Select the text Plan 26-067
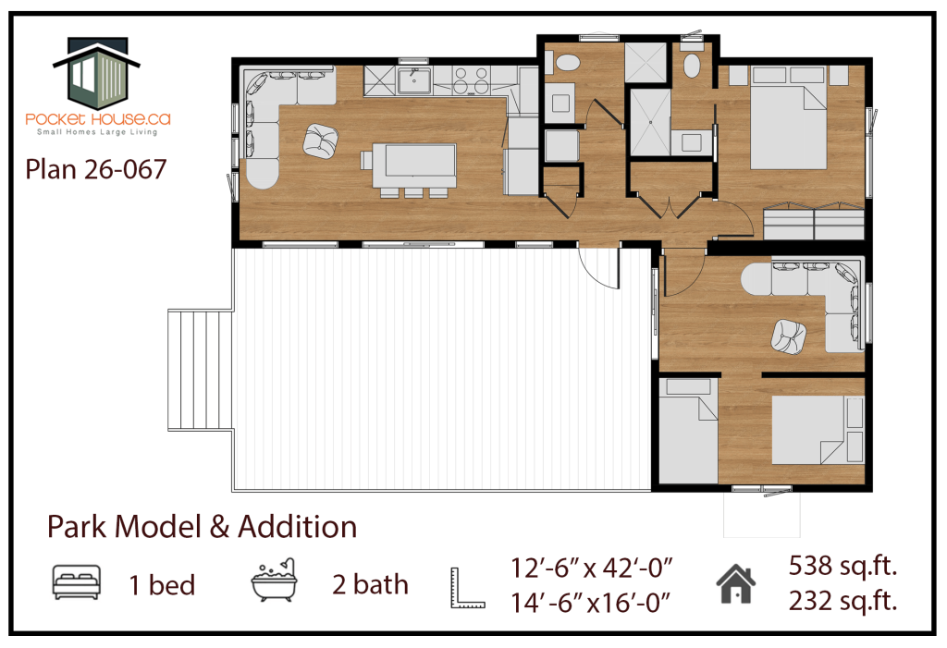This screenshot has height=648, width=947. pos(95,170)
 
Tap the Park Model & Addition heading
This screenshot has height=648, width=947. pos(203,527)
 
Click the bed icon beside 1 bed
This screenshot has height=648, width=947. pos(76,582)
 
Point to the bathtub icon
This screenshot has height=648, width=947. pos(274,580)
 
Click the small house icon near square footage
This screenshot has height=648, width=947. pos(735,584)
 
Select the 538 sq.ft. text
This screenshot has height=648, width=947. pos(843,567)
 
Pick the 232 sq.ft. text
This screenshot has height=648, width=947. pos(843,601)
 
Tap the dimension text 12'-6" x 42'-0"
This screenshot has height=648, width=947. pos(592,569)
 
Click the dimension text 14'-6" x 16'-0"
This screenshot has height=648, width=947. pos(591,603)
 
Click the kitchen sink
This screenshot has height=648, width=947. pos(413,81)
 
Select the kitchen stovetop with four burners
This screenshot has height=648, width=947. pos(471,81)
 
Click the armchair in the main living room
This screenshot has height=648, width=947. pos(321,142)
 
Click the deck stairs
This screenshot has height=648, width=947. pos(201,370)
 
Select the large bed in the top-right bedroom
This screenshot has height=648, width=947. pos(789,127)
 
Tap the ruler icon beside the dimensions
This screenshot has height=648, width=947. pos(467,588)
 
